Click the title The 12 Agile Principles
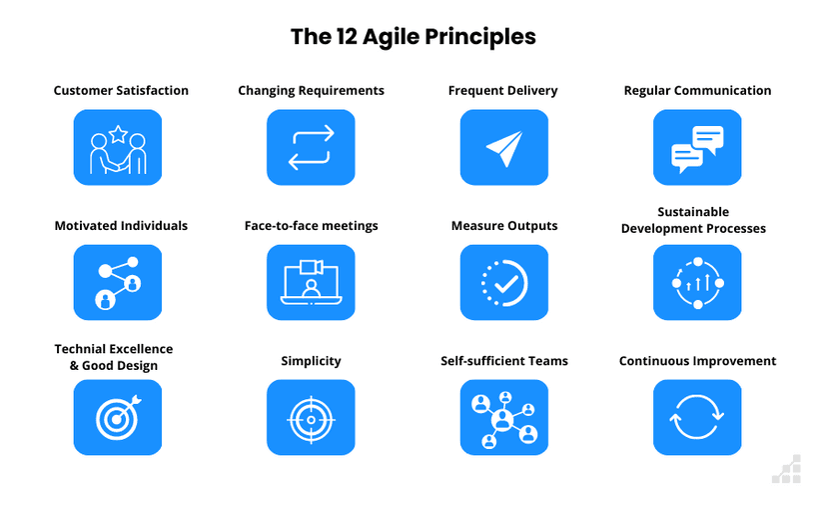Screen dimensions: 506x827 [413, 37]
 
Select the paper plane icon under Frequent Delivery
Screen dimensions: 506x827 [504, 148]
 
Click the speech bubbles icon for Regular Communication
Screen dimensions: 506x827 [697, 148]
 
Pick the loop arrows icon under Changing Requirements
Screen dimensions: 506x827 [311, 148]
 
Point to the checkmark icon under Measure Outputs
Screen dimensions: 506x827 [504, 283]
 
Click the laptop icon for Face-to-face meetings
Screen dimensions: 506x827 [311, 283]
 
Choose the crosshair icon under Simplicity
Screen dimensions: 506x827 [311, 418]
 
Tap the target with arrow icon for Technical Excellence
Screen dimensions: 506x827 [118, 418]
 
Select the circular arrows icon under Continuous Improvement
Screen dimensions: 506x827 [697, 418]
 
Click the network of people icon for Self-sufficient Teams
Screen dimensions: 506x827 [504, 418]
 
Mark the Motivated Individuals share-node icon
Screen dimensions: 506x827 [118, 283]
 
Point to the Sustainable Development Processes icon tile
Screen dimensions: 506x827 [697, 283]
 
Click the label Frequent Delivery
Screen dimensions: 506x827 [502, 90]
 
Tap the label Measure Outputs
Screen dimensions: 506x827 [503, 226]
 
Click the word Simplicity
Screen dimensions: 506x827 [311, 361]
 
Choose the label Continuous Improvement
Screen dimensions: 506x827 [697, 361]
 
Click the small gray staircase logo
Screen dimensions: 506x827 [787, 470]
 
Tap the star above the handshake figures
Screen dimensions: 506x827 [118, 132]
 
